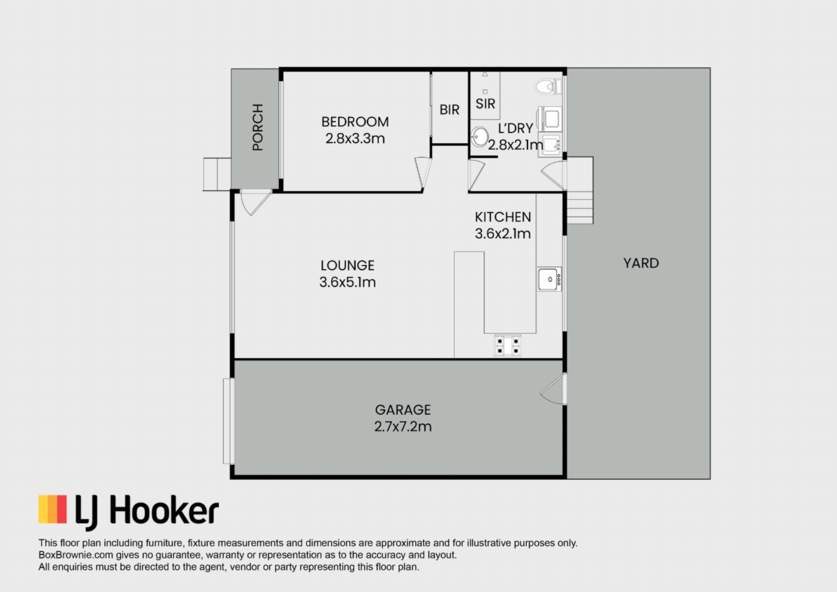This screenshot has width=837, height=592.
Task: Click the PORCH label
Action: [x=258, y=128]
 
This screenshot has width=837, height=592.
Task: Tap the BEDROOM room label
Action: [x=355, y=122]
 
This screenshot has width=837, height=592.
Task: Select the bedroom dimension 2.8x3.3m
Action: [x=355, y=138]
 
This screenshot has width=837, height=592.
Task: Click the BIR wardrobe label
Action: [x=449, y=110]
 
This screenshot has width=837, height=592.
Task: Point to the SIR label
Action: [x=485, y=103]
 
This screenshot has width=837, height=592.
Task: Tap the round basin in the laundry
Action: [x=480, y=137]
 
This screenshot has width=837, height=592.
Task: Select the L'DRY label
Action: [x=515, y=128]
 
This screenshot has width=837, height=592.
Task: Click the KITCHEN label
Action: [x=502, y=217]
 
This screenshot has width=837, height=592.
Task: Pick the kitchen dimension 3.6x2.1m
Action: [x=502, y=233]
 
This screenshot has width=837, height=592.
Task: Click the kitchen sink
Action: [x=549, y=279]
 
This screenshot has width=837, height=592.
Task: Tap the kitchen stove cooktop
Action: [x=508, y=346]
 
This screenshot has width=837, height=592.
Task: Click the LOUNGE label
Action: [x=347, y=266]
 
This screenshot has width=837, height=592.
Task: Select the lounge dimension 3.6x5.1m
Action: [x=347, y=282]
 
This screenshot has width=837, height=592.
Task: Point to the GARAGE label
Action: [x=403, y=410]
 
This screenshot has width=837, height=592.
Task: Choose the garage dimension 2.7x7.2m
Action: [x=403, y=427]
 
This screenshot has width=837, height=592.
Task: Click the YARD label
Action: [x=641, y=263]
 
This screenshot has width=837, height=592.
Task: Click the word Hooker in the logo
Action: [x=163, y=509]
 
